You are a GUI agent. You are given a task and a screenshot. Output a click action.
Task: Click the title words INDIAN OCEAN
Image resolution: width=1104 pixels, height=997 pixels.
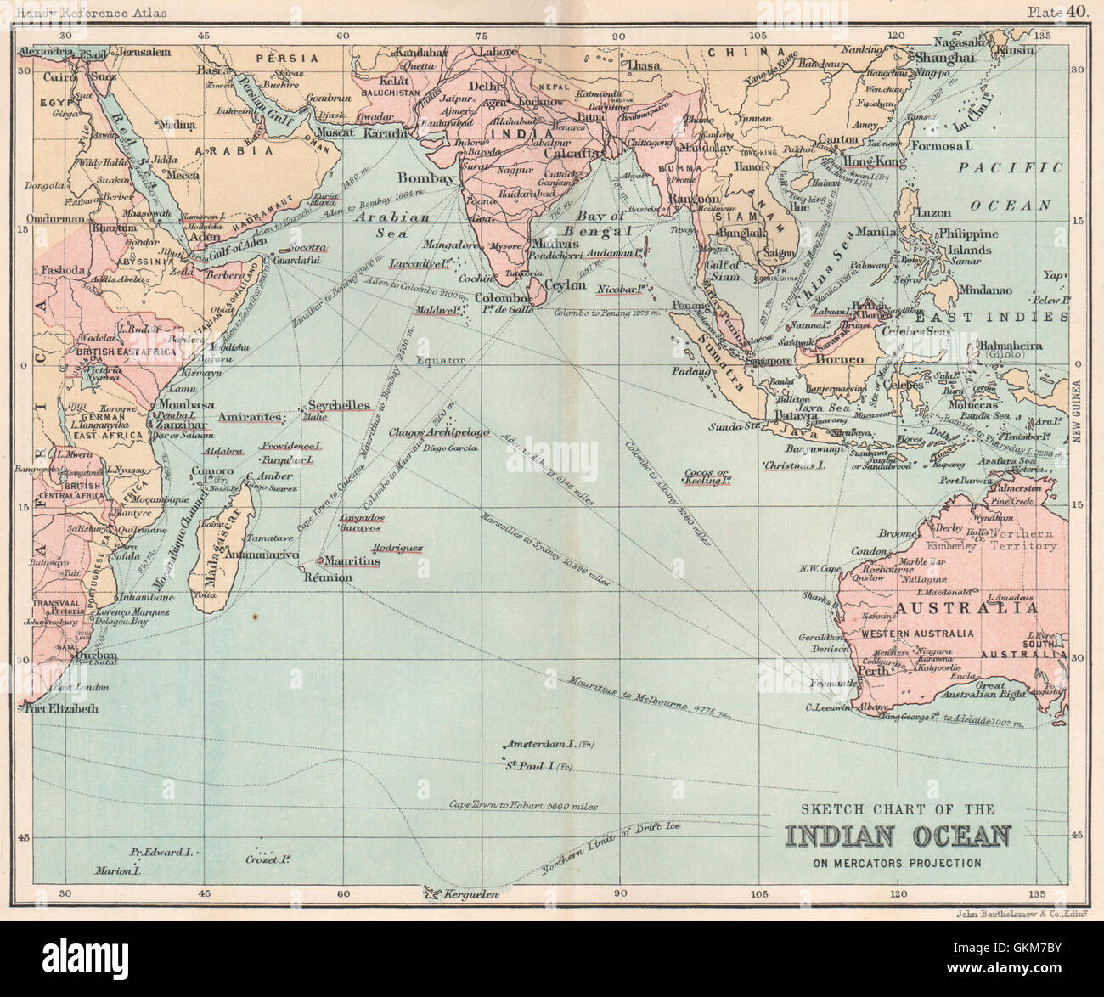(898, 836)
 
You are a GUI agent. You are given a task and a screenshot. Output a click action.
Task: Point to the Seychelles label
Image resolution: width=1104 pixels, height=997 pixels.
(340, 405)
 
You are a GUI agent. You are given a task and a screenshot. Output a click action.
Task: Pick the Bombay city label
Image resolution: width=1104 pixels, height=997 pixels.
(426, 178)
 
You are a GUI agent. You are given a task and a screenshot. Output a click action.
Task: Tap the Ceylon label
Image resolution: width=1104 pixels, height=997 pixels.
(565, 285)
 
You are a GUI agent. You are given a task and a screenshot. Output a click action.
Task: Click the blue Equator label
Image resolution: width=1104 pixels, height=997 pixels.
(441, 360)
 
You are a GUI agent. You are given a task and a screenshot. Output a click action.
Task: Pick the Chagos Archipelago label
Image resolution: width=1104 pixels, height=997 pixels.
(439, 432)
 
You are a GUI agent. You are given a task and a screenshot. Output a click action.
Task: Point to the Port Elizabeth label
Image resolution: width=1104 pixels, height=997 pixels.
(60, 708)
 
